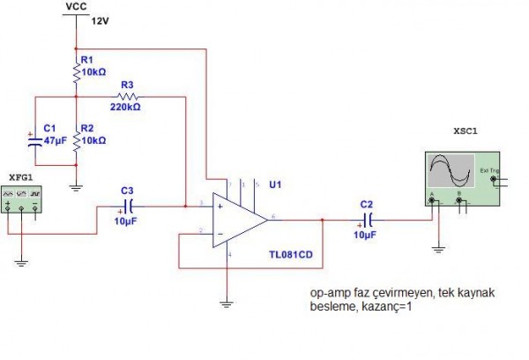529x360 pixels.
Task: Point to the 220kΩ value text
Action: (x=125, y=107)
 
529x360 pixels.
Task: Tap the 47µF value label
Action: (x=55, y=140)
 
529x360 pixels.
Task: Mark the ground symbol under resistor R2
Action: (x=76, y=184)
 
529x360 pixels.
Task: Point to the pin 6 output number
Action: (x=273, y=214)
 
